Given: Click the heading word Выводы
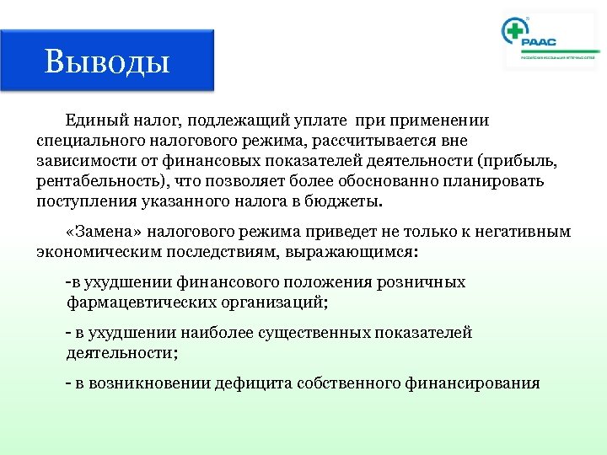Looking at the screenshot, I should [x=107, y=61].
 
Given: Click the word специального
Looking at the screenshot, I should [x=91, y=141].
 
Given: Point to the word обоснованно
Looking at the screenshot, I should [x=373, y=181].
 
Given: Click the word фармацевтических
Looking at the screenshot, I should [x=137, y=302].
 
